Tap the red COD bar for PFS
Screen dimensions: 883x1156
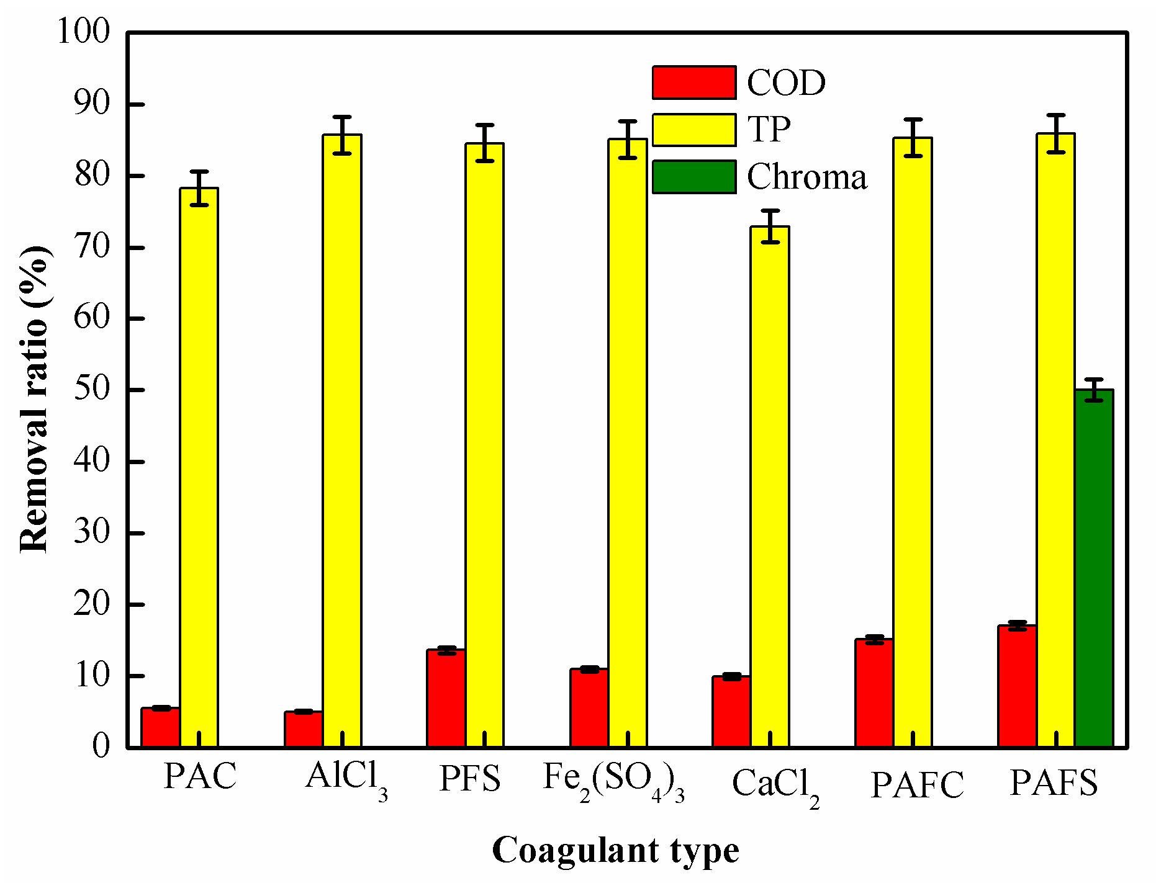(446, 698)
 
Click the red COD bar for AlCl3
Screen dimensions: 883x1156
(304, 729)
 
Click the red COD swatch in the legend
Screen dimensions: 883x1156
(694, 83)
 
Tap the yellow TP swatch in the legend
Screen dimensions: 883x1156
(694, 130)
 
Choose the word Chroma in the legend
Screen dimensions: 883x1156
(806, 177)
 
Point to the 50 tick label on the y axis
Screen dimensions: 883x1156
(92, 390)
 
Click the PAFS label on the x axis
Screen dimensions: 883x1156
(1054, 782)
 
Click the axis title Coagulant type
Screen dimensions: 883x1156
(615, 850)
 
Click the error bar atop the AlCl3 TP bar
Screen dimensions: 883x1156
(342, 135)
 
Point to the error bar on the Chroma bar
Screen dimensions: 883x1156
(1094, 390)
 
